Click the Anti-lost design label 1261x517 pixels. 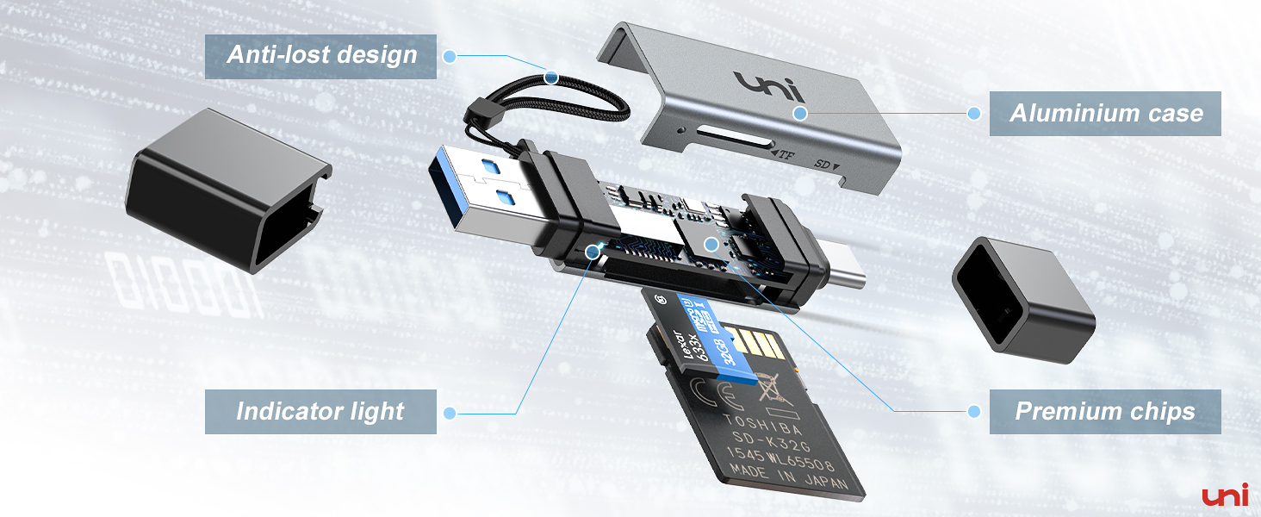point(320,56)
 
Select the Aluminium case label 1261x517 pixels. point(1105,113)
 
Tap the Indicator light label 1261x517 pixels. point(320,411)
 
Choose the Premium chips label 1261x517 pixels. point(1105,411)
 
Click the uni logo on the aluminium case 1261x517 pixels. point(768,86)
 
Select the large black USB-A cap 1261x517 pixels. point(226,190)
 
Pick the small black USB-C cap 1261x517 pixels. point(1022,293)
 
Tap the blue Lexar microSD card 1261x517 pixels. point(705,332)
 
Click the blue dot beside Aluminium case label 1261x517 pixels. point(974,113)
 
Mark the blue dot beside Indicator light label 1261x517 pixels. point(450,412)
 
